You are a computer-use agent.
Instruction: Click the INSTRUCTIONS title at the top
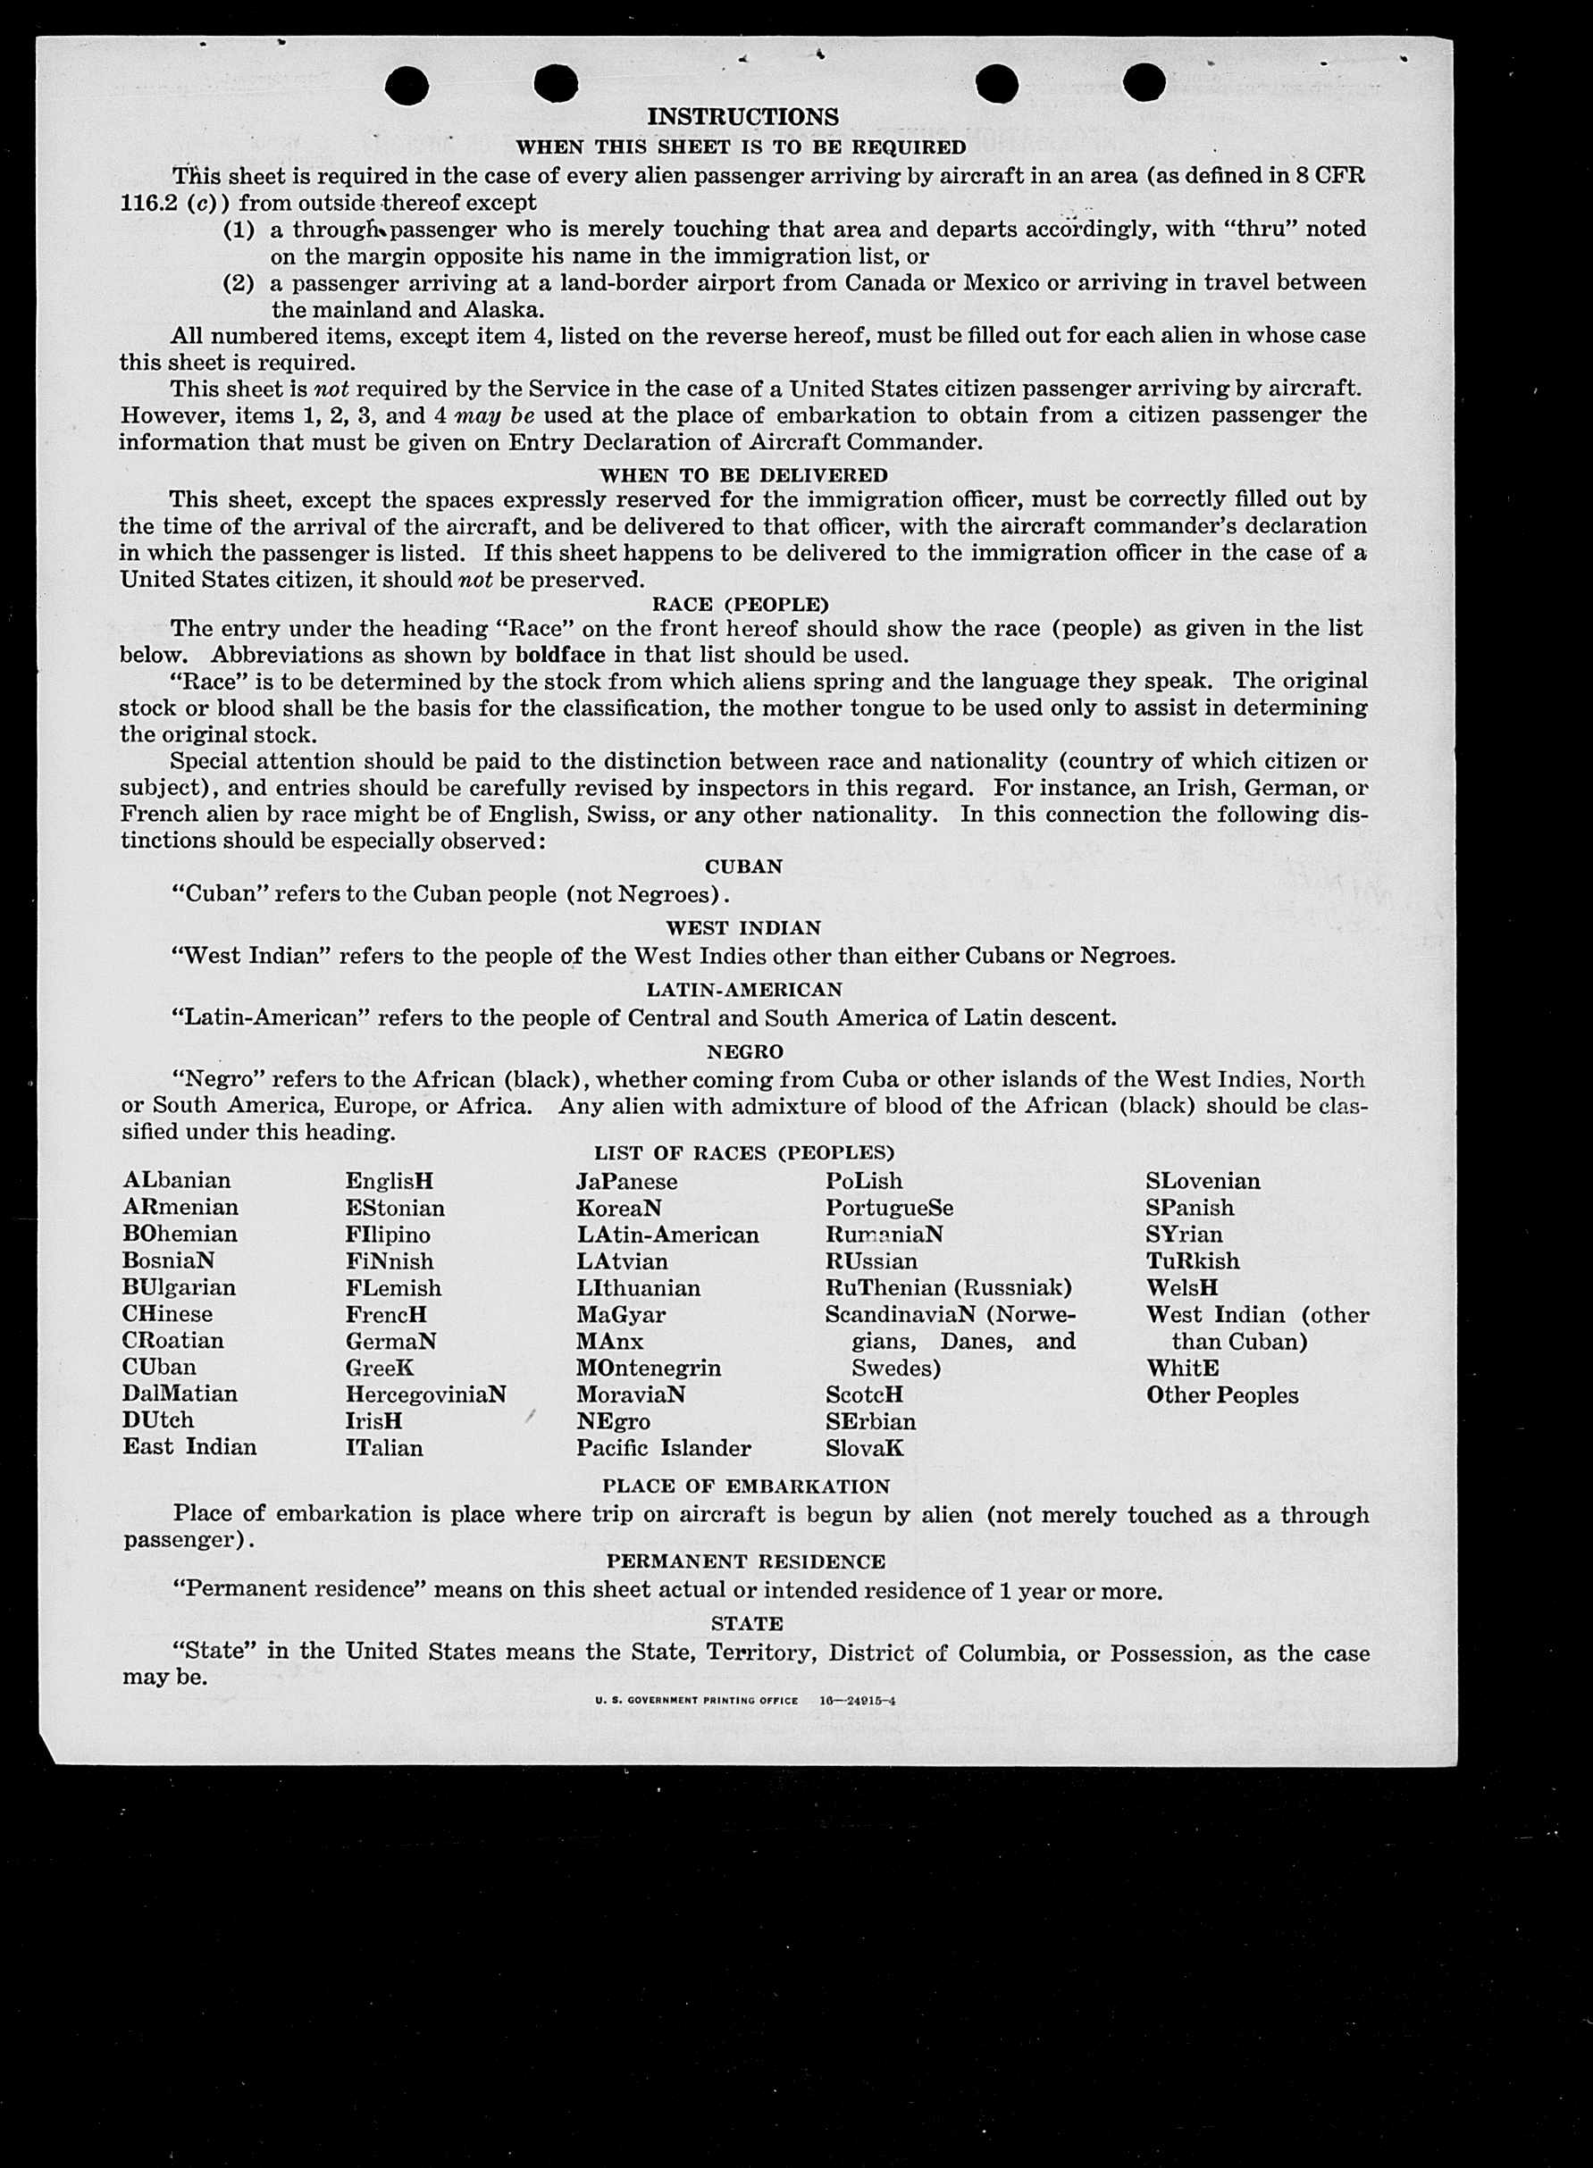point(742,117)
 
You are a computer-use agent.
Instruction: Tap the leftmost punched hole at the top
point(406,86)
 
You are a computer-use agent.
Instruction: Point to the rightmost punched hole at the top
point(1144,82)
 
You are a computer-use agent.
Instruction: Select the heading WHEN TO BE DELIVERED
point(742,475)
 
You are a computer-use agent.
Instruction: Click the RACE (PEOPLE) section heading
point(741,605)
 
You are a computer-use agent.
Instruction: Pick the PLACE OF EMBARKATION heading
point(745,1486)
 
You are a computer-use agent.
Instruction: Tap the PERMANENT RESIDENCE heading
point(745,1561)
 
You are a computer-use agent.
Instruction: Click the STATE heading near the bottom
point(747,1623)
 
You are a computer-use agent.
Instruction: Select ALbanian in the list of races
point(177,1181)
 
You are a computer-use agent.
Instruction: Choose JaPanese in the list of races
point(627,1182)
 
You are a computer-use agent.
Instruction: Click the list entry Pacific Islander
point(664,1448)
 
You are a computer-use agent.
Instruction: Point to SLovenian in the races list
point(1203,1181)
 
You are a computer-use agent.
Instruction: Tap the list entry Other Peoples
point(1221,1395)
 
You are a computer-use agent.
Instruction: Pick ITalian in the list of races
point(384,1448)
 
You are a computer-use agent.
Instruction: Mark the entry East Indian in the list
point(189,1447)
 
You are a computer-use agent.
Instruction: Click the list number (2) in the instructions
point(239,283)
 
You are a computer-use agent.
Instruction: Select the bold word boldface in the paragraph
point(560,655)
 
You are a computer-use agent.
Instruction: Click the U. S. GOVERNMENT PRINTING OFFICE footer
point(696,1701)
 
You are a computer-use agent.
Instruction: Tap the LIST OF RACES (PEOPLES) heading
point(743,1153)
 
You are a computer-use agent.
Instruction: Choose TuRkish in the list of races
point(1193,1261)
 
